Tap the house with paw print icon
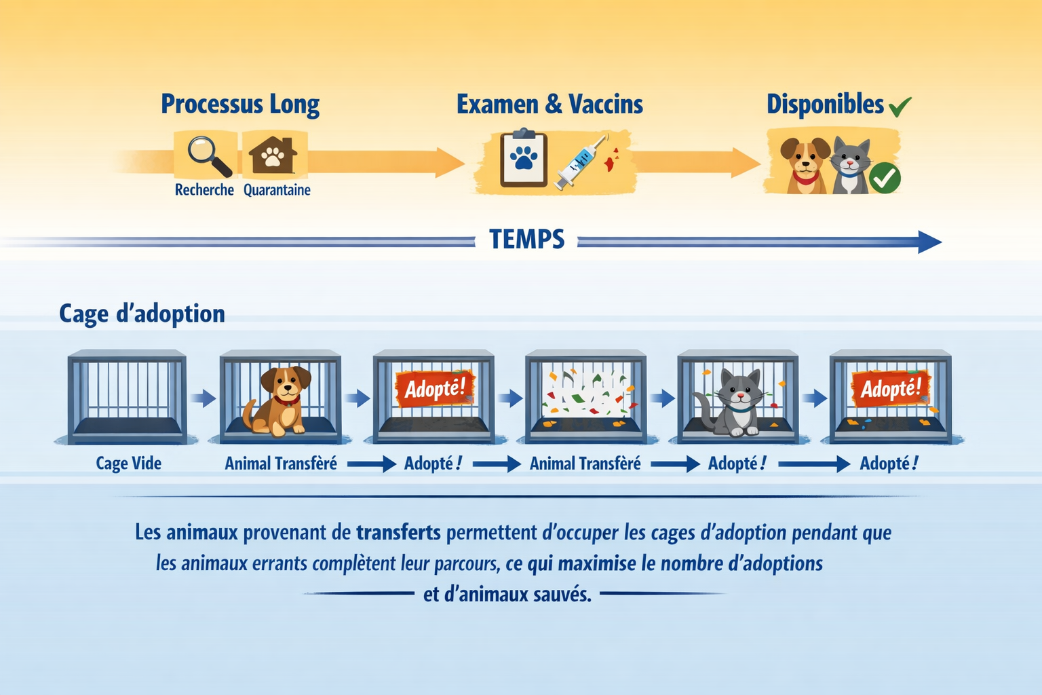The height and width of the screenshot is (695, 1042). [273, 155]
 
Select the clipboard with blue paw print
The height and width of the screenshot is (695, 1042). [523, 159]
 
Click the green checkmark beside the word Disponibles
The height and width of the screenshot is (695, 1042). [900, 106]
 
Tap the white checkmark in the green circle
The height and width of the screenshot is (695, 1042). [885, 178]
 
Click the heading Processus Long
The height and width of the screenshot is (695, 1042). [240, 105]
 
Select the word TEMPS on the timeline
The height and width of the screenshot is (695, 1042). [527, 240]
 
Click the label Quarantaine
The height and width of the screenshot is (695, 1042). [277, 190]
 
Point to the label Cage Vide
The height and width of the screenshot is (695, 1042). [128, 464]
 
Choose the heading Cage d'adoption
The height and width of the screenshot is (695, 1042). [142, 314]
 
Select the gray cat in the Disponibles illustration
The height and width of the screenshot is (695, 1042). [851, 166]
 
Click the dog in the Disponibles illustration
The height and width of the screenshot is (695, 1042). [805, 166]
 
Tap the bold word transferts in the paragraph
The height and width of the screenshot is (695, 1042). [398, 532]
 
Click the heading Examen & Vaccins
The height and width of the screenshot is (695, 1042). [549, 105]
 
